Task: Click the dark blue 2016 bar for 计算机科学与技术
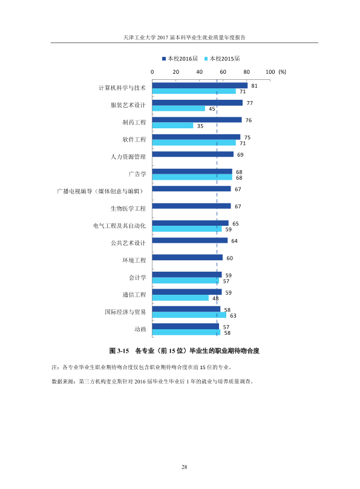point(200,85)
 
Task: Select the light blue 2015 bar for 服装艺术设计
point(178,108)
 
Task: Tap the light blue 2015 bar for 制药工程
point(172,126)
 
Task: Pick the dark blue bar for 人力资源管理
point(193,154)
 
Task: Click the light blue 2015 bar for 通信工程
point(180,298)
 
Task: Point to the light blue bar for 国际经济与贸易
point(189,315)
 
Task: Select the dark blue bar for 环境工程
point(188,258)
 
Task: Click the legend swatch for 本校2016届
point(164,59)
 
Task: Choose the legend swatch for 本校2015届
point(206,59)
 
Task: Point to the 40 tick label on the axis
point(200,72)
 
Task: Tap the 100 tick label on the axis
point(270,72)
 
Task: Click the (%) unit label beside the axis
point(282,72)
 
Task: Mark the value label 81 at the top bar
point(254,86)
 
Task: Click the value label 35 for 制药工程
point(200,126)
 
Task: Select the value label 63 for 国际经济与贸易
point(233,315)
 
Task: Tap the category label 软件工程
point(134,139)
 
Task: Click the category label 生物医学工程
point(128,208)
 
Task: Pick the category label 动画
point(140,329)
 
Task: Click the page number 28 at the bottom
point(184,467)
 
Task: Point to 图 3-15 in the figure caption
point(119,351)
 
